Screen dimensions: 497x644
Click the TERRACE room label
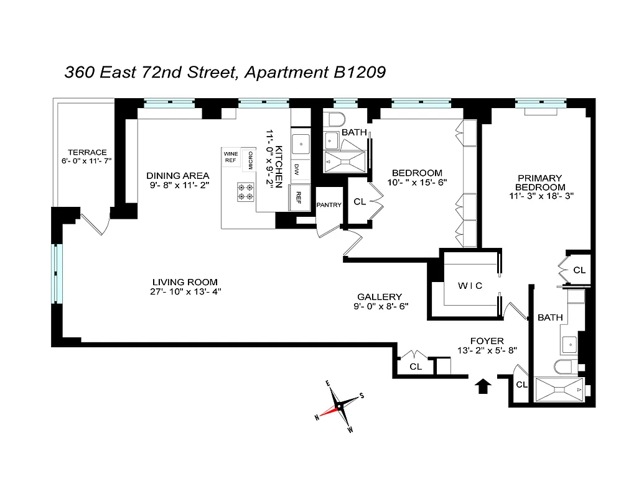[x=87, y=152]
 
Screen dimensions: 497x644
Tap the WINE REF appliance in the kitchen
[x=231, y=157]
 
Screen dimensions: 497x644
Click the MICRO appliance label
[x=250, y=160]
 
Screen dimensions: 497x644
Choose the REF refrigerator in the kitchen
[x=299, y=198]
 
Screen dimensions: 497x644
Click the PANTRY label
[x=329, y=205]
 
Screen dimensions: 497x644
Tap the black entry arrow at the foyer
[x=483, y=386]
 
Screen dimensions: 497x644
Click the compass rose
[x=339, y=408]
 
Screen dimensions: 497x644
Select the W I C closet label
[x=470, y=285]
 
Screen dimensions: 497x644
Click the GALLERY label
[x=379, y=296]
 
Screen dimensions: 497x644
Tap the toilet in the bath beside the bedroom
[x=335, y=120]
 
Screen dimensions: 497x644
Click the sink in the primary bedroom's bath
[x=571, y=344]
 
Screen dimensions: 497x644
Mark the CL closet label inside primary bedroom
[x=579, y=270]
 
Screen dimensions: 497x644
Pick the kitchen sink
[x=301, y=144]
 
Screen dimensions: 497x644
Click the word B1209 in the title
[x=356, y=72]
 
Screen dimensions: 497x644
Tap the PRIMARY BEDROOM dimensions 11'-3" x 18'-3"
[x=539, y=195]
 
